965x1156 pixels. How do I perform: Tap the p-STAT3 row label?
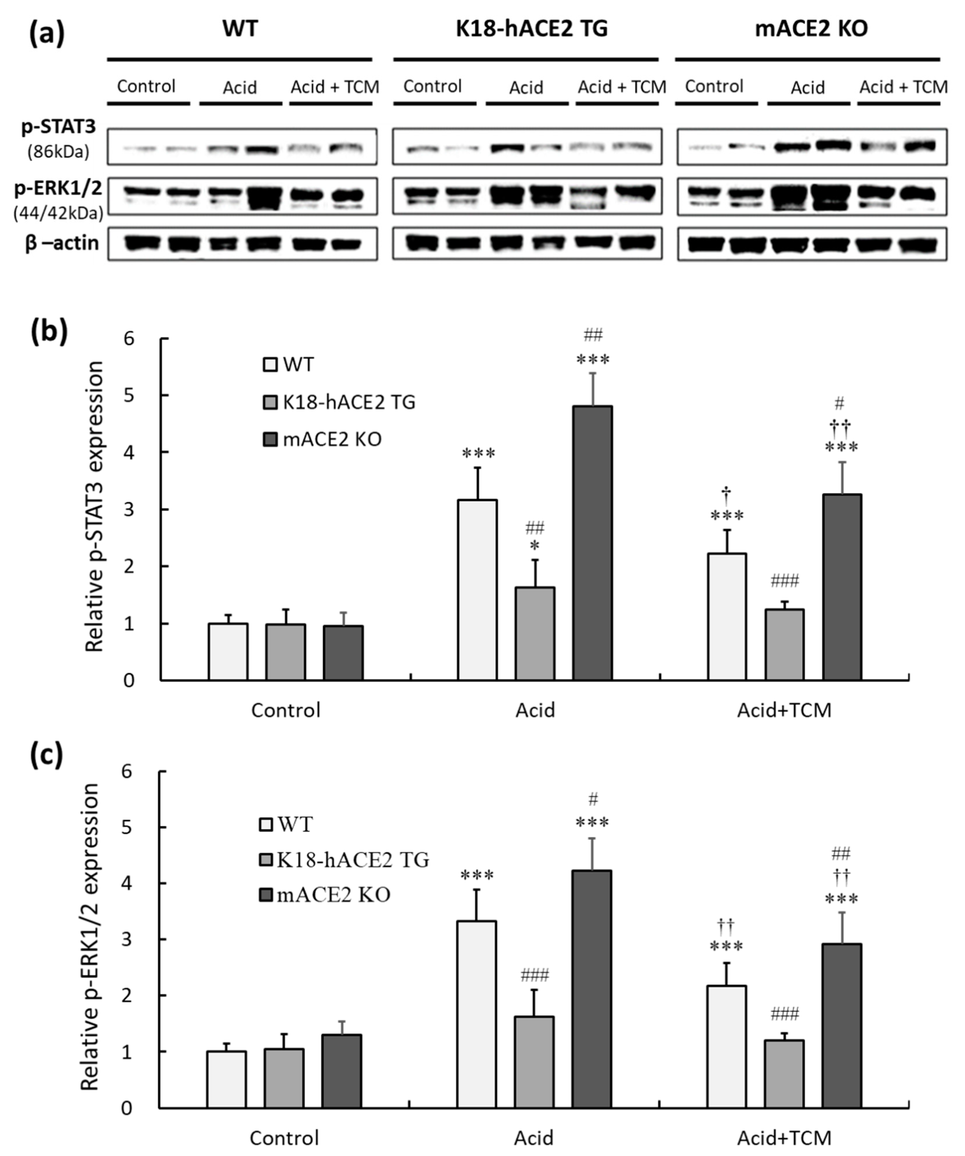pos(58,127)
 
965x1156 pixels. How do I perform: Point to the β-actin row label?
pos(62,243)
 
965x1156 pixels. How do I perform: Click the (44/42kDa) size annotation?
pos(58,213)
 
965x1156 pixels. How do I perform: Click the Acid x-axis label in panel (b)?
pos(535,710)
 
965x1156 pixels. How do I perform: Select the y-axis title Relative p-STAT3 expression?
pos(95,507)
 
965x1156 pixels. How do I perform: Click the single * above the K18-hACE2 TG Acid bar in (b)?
pos(534,547)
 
